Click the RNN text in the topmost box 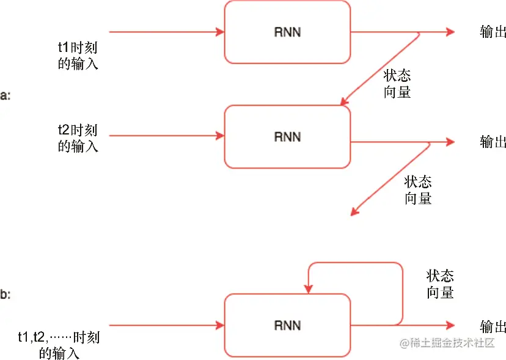tap(287, 32)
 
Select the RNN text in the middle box tap(287, 136)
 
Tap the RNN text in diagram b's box tap(287, 325)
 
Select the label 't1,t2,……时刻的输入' tap(59, 345)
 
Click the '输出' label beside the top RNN tap(493, 32)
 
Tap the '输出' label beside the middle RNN tap(493, 142)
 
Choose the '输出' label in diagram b tap(493, 325)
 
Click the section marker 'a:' tap(5, 96)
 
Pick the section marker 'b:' tap(5, 295)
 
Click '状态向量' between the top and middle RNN tap(397, 84)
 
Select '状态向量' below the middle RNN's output tap(418, 189)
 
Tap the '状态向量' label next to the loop tap(440, 284)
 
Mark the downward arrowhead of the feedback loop tap(310, 288)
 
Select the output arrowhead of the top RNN tap(451, 32)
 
